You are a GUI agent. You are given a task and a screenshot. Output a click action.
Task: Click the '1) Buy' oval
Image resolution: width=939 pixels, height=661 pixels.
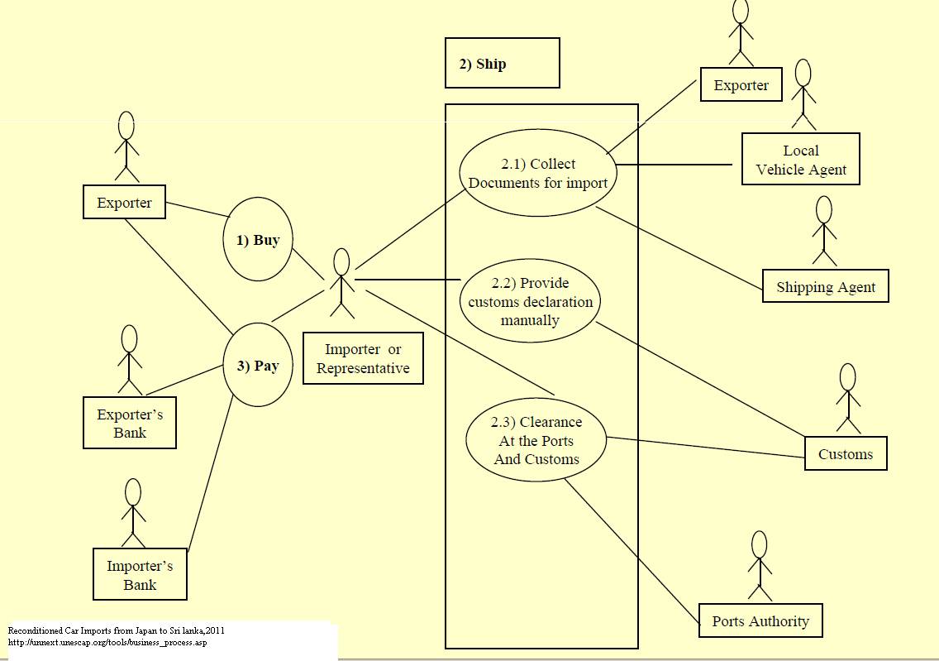click(258, 241)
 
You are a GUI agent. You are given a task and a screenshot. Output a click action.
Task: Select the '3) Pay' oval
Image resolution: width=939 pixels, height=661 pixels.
click(258, 365)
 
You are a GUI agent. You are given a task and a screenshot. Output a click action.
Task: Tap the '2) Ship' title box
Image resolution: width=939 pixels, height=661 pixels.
click(502, 63)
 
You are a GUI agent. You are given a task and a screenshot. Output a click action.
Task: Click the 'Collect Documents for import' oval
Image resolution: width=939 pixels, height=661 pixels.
click(538, 173)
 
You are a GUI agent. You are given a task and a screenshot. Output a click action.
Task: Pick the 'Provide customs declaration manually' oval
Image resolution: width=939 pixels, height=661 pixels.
click(531, 302)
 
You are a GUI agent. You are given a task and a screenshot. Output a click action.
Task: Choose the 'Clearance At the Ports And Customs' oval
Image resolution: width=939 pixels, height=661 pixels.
click(536, 440)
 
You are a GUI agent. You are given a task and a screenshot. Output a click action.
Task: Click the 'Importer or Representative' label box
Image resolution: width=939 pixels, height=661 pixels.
click(363, 358)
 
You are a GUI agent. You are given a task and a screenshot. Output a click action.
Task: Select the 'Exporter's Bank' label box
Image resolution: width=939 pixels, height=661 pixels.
click(130, 423)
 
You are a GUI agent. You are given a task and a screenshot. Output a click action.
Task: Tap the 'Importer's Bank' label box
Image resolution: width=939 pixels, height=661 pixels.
click(140, 575)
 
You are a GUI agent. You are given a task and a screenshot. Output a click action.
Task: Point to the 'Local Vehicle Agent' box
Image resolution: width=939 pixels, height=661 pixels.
click(801, 160)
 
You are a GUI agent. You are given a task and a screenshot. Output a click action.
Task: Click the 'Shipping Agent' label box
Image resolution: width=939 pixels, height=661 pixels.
click(825, 286)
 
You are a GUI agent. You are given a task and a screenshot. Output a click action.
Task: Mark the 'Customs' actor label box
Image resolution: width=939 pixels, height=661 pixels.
click(845, 453)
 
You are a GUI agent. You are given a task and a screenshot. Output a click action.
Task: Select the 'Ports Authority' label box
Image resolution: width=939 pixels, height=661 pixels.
click(760, 620)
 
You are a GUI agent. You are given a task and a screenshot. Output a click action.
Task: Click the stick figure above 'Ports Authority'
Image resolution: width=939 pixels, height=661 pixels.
click(759, 566)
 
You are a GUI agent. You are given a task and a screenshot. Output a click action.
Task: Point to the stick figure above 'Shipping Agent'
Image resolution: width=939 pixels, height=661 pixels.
click(823, 231)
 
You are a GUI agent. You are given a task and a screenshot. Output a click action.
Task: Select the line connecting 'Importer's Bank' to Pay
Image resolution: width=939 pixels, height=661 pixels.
click(211, 480)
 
